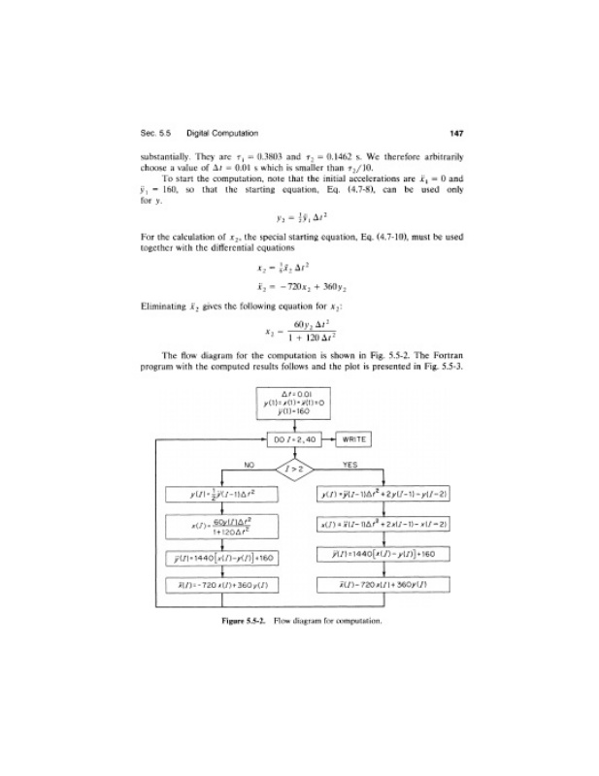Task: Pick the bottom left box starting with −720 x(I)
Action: click(x=222, y=586)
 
